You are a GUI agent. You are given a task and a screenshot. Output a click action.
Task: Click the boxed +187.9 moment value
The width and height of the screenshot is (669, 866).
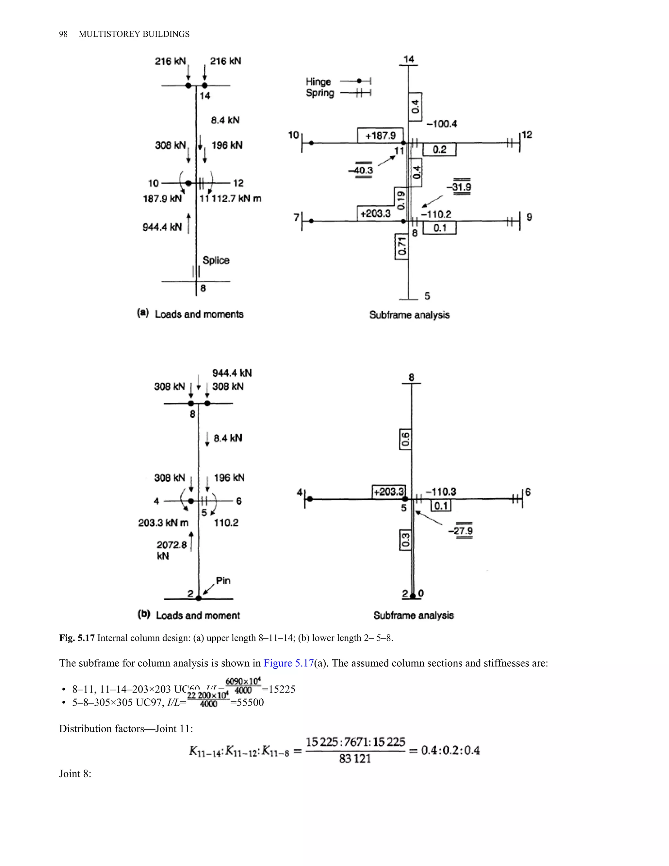[381, 136]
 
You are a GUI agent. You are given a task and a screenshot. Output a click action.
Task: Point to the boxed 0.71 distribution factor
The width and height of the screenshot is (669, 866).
[402, 246]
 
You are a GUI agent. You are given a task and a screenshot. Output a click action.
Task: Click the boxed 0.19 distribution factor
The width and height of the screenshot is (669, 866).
[401, 201]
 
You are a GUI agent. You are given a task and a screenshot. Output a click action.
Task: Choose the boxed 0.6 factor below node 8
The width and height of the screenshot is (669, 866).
[405, 439]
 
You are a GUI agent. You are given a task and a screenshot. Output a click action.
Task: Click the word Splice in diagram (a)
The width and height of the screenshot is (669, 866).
[216, 260]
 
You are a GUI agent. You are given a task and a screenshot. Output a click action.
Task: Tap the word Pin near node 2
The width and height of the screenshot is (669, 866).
[223, 580]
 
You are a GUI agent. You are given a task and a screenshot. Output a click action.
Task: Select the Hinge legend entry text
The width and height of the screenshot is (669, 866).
[318, 82]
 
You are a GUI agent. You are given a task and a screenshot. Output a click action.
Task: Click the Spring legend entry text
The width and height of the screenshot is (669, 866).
[320, 93]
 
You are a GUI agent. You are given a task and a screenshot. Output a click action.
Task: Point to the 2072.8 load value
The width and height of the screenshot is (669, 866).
[171, 545]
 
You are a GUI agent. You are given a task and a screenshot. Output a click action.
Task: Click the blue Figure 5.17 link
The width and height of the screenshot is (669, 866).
[288, 663]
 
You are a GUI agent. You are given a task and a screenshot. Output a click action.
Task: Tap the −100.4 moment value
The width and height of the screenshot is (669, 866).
[442, 124]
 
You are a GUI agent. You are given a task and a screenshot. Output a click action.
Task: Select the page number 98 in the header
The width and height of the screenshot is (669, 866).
[63, 34]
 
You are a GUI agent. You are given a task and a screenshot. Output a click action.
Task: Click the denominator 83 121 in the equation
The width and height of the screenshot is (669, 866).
[355, 759]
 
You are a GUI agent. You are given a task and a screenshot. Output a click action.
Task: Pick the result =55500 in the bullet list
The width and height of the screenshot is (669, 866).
[247, 702]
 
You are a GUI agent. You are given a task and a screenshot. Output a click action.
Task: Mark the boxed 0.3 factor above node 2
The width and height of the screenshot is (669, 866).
[405, 541]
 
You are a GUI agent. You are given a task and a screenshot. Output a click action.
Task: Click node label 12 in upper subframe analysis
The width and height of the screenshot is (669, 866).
[527, 135]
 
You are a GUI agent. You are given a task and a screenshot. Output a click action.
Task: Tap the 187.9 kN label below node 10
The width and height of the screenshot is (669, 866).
[162, 199]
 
